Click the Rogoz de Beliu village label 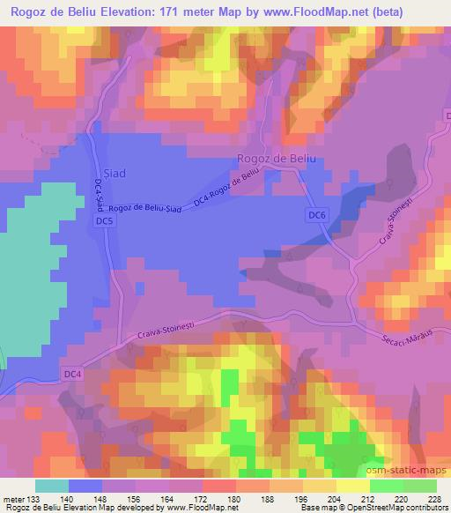pyautogui.click(x=276, y=158)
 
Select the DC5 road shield pyautogui.click(x=105, y=223)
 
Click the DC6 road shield pyautogui.click(x=319, y=215)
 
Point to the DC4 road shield pyautogui.click(x=74, y=374)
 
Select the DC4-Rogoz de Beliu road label pyautogui.click(x=227, y=189)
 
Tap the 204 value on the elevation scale pyautogui.click(x=335, y=499)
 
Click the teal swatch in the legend pyautogui.click(x=53, y=486)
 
